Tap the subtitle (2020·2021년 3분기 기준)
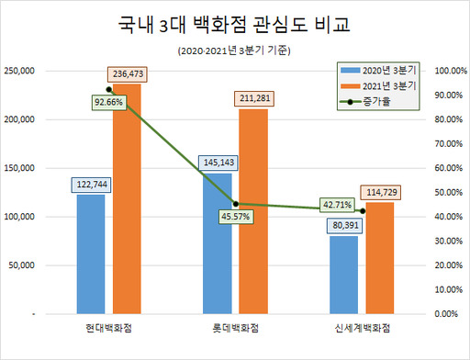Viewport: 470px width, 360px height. coord(235,51)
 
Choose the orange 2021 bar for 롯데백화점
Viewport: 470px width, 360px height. coord(253,211)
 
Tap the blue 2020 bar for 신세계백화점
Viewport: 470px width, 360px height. coord(342,275)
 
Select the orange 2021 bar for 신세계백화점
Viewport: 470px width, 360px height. coord(379,258)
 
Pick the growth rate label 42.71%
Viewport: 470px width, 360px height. coord(337,205)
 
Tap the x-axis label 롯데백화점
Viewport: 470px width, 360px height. coord(235,330)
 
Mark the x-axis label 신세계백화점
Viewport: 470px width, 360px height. coord(361,330)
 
